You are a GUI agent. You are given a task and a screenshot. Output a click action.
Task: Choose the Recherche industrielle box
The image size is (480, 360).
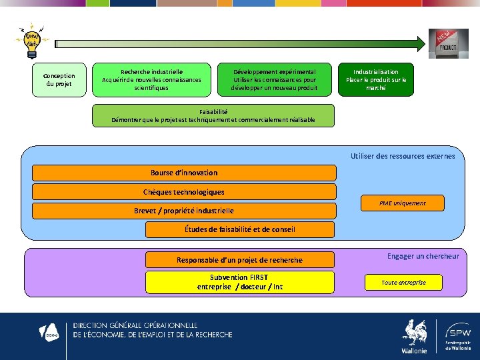tap(151, 79)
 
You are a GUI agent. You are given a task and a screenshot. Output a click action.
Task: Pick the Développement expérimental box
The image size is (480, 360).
tap(274, 79)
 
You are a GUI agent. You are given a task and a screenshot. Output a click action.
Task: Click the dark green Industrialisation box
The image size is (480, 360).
tap(376, 80)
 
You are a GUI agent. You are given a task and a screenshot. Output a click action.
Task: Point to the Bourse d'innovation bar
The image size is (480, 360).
tap(184, 173)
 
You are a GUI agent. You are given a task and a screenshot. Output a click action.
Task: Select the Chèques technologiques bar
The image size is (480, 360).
tap(184, 192)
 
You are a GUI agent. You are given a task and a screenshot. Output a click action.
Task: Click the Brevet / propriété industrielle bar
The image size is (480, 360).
tap(184, 211)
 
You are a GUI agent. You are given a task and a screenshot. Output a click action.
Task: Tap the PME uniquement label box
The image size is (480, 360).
tap(402, 203)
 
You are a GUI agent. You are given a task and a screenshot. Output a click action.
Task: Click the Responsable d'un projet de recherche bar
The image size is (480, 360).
tap(239, 259)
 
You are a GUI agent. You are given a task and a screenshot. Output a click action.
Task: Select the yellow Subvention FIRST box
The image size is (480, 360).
tap(239, 282)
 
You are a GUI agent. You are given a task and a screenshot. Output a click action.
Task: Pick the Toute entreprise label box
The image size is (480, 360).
tap(403, 283)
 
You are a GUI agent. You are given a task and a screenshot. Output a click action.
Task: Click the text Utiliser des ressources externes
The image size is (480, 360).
tap(403, 156)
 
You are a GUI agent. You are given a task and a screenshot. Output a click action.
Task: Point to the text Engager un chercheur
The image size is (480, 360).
tap(423, 256)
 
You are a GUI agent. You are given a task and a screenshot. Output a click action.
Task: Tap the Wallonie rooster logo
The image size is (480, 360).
tap(414, 335)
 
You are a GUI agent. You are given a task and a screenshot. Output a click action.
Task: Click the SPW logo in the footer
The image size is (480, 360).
tap(457, 335)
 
